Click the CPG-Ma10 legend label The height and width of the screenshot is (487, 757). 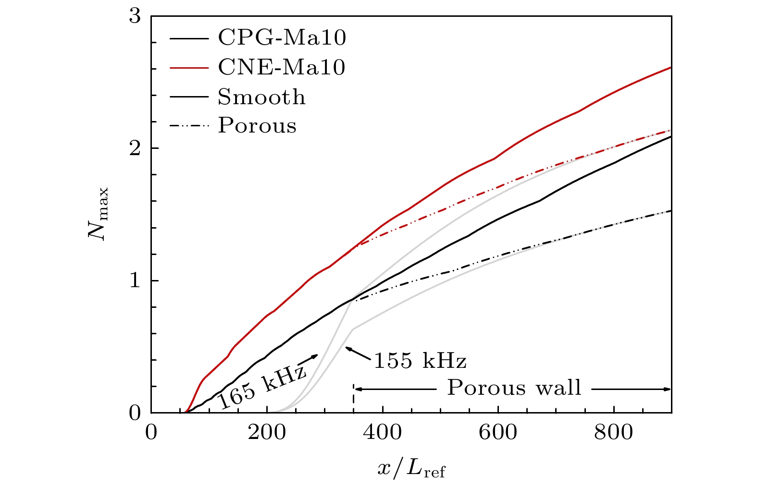point(282,37)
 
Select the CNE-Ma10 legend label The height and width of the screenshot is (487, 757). point(282,67)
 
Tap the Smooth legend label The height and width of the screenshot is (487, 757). point(261,97)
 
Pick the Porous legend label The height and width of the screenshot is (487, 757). point(257,126)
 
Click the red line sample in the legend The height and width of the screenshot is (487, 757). point(189,68)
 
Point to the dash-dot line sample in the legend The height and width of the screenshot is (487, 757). point(189,126)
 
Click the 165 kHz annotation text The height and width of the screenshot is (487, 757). point(262,387)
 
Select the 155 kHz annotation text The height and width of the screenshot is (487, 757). point(420,360)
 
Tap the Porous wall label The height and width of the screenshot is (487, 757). point(514,388)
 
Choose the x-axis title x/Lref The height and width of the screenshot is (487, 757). point(411,467)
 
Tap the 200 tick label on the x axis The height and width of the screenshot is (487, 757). point(267,433)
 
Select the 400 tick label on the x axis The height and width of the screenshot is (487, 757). point(382,433)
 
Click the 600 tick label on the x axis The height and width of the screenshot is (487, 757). point(498,433)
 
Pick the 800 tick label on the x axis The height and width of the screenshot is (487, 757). point(614,433)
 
